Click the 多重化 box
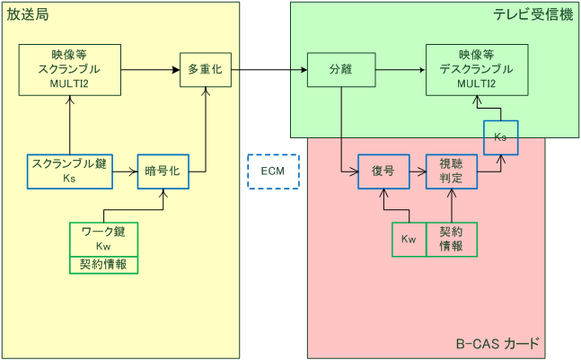click(207, 69)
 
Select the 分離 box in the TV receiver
click(341, 69)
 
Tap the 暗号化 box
click(163, 171)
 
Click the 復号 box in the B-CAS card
click(383, 171)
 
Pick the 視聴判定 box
click(452, 171)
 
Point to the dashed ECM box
click(273, 171)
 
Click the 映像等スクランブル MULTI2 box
click(70, 69)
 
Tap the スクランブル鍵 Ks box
click(70, 171)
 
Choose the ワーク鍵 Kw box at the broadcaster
click(104, 239)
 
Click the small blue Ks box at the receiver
click(500, 136)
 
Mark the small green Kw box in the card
click(409, 239)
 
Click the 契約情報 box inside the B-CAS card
click(452, 239)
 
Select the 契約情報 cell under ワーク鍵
click(104, 264)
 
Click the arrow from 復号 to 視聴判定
click(418, 170)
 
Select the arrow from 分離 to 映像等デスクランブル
click(401, 69)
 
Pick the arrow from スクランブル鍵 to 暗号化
click(125, 170)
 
